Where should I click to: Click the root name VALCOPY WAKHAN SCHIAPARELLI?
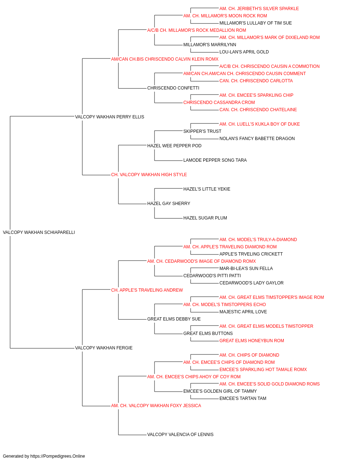point(39,232)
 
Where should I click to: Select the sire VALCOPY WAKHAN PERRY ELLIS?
point(109,117)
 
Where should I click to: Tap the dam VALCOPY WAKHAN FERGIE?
point(104,348)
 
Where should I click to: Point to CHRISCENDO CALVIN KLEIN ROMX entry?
point(165,59)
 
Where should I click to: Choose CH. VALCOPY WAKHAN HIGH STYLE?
point(149,175)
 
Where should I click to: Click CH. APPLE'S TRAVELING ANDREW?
point(147,290)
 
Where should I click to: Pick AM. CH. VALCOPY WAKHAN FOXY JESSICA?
point(156,405)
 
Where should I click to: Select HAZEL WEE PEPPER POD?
point(174,145)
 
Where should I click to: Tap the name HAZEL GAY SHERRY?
point(169,204)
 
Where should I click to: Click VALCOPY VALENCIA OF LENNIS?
point(180,434)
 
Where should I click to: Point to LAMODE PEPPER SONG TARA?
point(215,160)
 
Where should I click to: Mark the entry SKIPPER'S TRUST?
point(203,131)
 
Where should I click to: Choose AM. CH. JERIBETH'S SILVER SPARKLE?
point(259,9)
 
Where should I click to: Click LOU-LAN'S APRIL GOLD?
point(244,52)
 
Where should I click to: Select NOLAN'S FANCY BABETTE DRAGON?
point(257,138)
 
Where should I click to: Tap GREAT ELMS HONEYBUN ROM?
point(252,341)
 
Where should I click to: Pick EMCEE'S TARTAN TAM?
point(243,398)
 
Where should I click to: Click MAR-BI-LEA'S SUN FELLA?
point(246,268)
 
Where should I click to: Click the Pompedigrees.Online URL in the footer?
point(58,456)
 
